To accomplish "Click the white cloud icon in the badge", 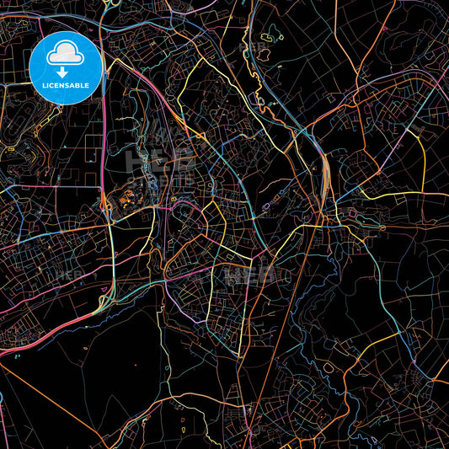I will [x=66, y=54].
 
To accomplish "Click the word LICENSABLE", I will [x=66, y=86].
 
